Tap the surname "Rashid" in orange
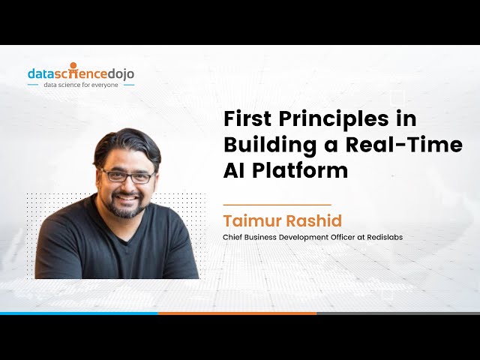[315, 221]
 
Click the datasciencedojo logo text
[81, 73]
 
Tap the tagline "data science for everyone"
[81, 85]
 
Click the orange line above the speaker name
[277, 204]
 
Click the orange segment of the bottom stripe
[237, 313]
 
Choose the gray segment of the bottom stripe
[397, 313]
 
